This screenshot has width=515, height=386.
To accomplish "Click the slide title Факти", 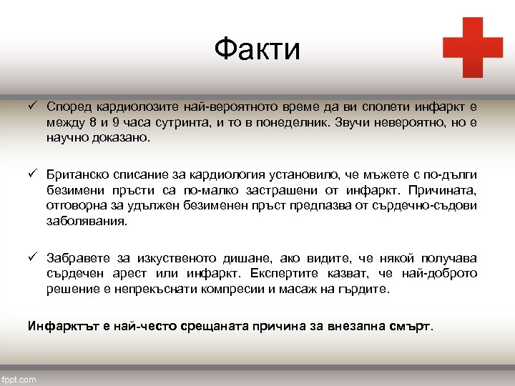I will [x=257, y=49].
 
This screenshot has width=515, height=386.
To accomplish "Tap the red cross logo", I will [x=473, y=47].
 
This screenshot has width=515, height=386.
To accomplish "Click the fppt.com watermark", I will [x=19, y=379].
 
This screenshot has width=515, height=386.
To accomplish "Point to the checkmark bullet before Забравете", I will [x=32, y=257].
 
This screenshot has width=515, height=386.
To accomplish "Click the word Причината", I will [x=448, y=191].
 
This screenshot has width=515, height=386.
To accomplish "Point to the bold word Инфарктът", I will [x=57, y=327].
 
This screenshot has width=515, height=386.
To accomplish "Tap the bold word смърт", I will [x=412, y=327].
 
